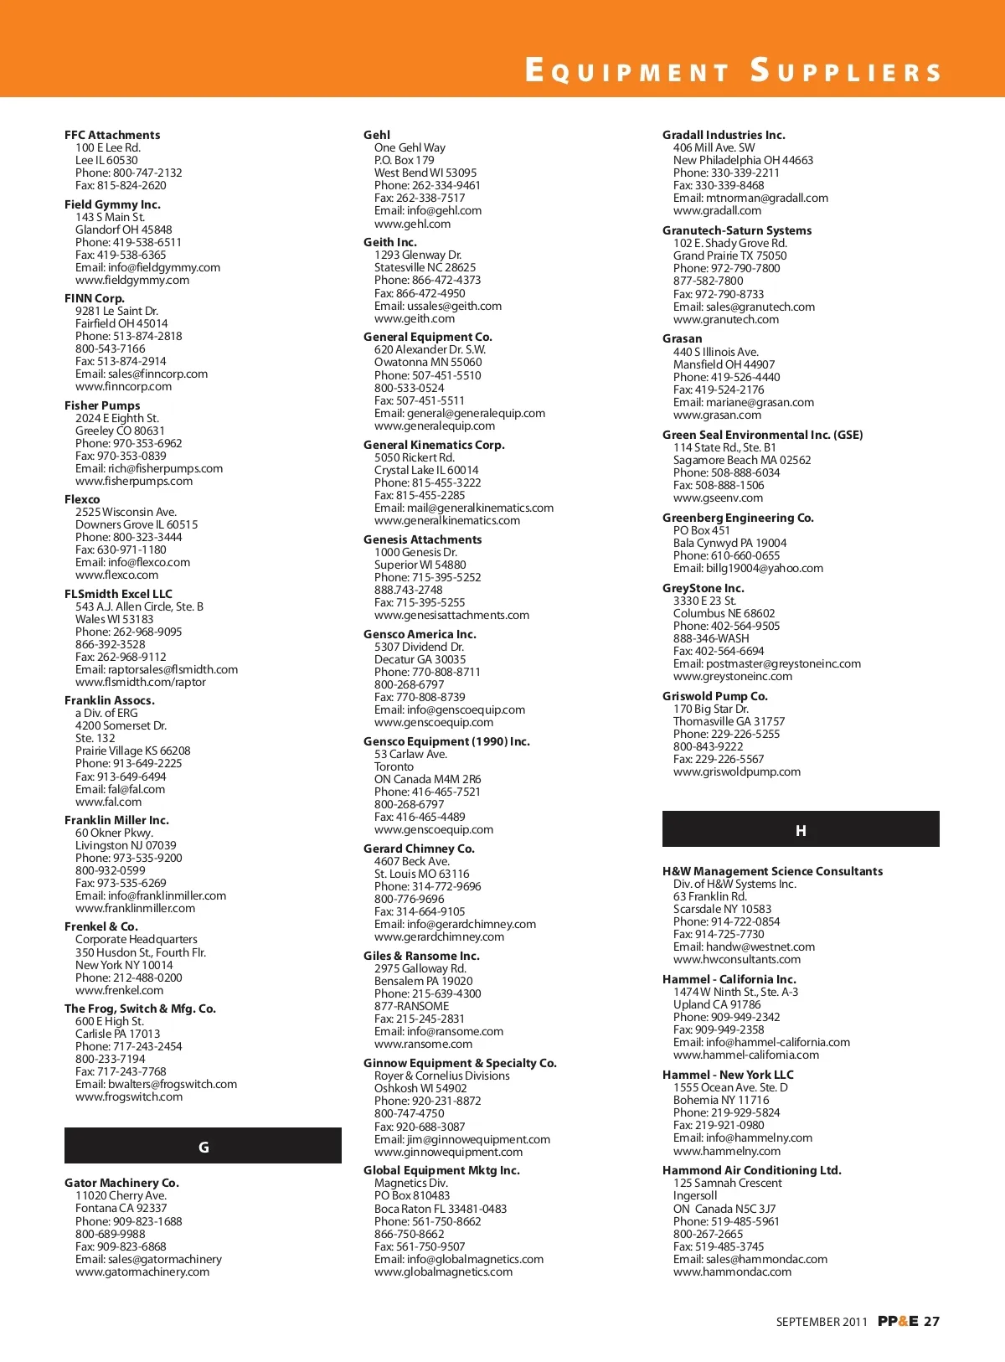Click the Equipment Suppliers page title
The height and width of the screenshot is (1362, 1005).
point(733,70)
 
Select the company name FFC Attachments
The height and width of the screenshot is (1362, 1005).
point(112,135)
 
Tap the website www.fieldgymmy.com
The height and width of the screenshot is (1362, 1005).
point(132,280)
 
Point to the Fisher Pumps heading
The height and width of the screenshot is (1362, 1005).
point(102,405)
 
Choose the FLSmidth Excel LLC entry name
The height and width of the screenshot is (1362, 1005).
point(118,594)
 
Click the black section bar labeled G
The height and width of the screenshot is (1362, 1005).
point(203,1147)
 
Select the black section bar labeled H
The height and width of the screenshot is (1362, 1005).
point(801,830)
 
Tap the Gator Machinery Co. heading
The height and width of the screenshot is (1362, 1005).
point(121,1183)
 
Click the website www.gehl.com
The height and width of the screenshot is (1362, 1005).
point(412,224)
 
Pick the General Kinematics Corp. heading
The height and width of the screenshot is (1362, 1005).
point(434,445)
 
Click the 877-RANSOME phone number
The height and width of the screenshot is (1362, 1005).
point(411,1006)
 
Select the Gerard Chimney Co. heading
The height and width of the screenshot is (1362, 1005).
point(419,849)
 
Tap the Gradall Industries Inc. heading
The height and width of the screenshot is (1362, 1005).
point(724,135)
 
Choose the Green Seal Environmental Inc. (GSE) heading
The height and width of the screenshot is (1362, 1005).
point(762,435)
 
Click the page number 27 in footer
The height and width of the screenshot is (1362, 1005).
point(931,1322)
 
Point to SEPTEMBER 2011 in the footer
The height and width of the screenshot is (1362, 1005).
point(822,1323)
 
